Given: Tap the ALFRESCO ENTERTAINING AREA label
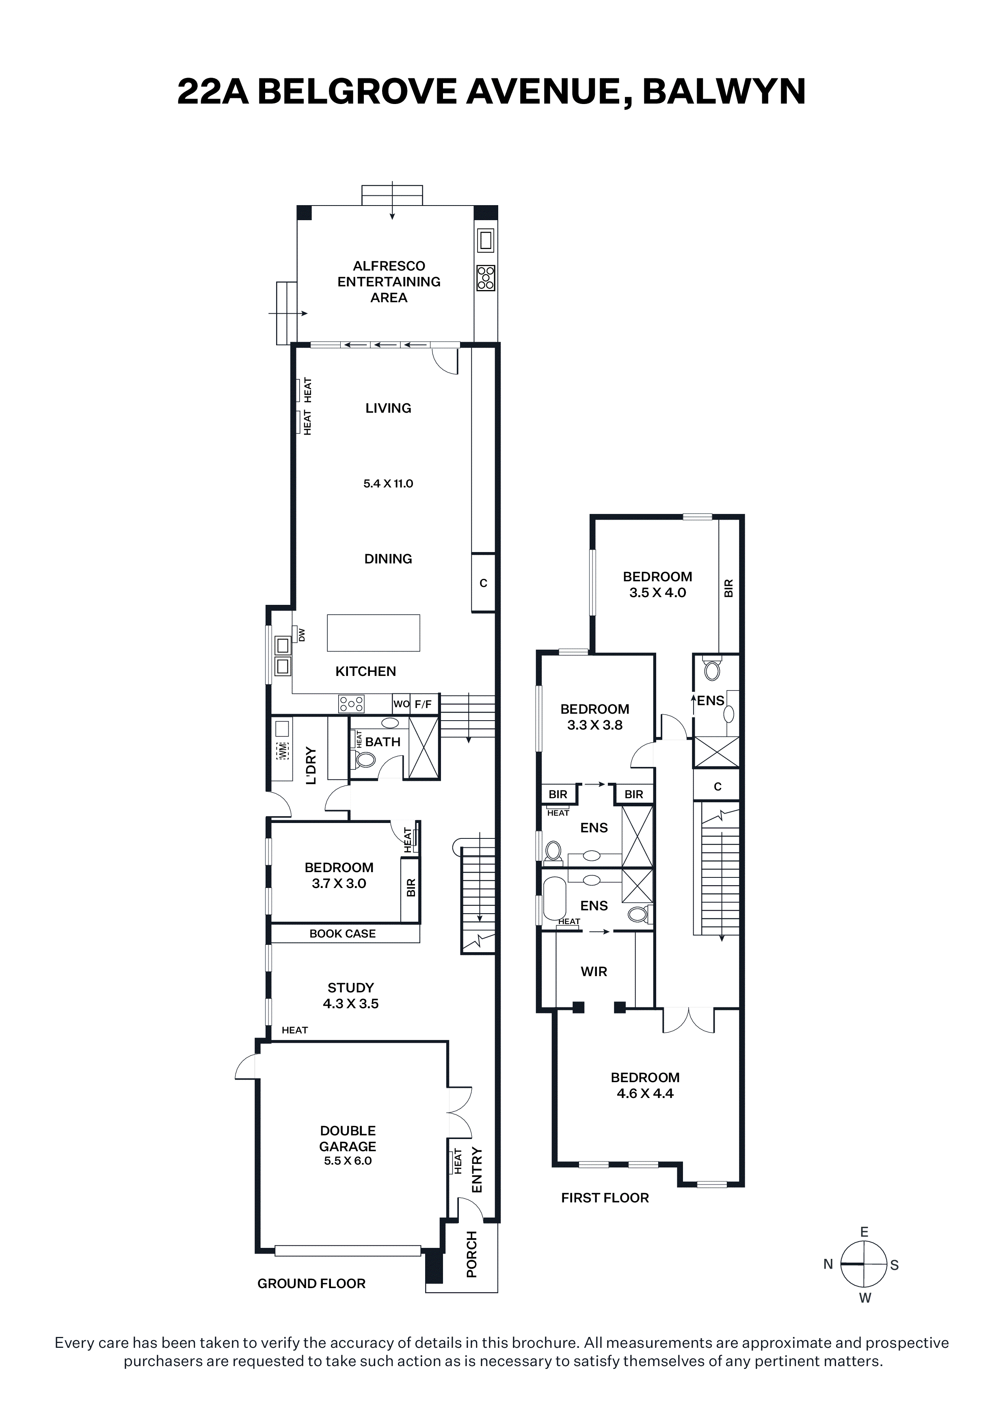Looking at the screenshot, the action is click(x=389, y=282).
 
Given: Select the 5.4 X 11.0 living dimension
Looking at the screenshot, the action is click(x=389, y=483).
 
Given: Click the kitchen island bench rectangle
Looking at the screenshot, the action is click(x=374, y=632).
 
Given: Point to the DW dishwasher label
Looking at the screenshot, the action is click(x=302, y=635).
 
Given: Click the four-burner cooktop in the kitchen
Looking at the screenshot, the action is click(x=351, y=704).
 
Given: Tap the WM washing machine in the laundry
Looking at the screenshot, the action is click(x=282, y=750).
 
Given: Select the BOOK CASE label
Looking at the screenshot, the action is click(x=342, y=933).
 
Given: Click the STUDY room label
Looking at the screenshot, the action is click(x=350, y=988).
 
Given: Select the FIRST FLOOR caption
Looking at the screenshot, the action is click(x=605, y=1198).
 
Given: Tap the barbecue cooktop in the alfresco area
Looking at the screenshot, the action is click(x=486, y=278).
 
